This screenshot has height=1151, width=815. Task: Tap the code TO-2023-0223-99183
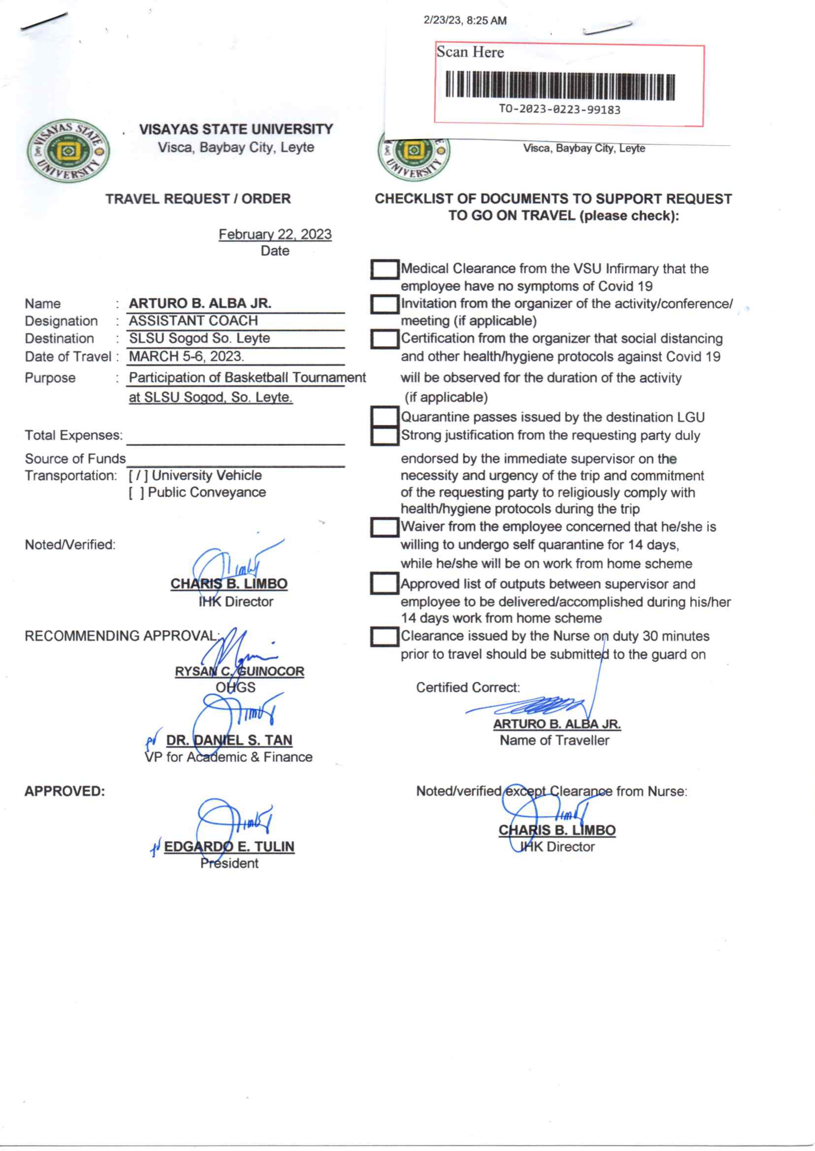click(559, 109)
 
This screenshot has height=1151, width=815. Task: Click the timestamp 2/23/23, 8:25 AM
click(465, 21)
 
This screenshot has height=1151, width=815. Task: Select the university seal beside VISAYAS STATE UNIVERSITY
click(68, 151)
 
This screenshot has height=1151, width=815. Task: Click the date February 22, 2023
click(275, 234)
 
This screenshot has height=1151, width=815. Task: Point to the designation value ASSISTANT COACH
click(193, 321)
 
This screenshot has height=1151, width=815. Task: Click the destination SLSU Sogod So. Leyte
click(199, 338)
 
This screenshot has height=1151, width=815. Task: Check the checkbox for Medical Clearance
click(384, 269)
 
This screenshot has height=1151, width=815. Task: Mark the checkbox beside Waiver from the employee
click(384, 527)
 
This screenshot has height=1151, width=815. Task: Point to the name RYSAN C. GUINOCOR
click(239, 671)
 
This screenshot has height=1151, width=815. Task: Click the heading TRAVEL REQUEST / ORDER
click(198, 199)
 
